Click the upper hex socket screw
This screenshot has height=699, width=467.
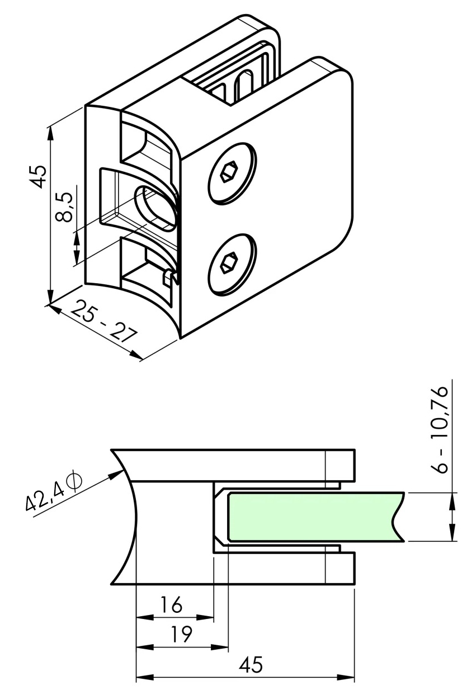[x=232, y=174]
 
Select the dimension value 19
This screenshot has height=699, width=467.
[x=180, y=635]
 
